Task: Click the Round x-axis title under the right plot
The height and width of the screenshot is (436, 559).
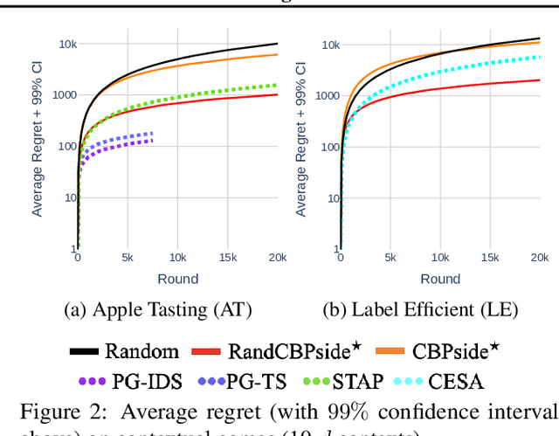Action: tap(440, 279)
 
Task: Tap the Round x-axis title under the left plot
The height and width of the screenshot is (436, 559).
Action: tap(178, 279)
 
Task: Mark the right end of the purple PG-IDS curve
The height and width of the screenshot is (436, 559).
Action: tap(153, 140)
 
